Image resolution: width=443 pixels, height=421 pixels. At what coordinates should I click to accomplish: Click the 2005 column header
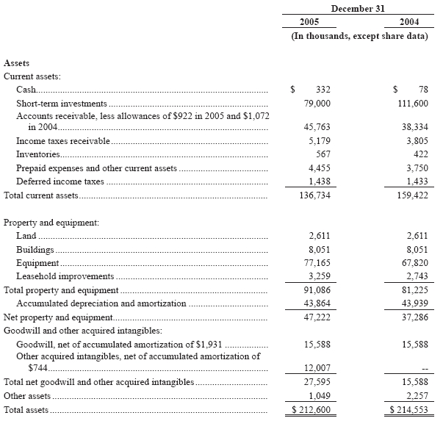309,22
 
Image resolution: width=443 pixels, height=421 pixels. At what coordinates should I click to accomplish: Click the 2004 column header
413,22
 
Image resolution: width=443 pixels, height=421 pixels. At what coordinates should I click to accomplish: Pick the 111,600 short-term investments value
412,104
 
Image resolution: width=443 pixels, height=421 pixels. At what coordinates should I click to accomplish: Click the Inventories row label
37,154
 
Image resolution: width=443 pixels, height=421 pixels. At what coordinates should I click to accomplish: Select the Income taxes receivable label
63,140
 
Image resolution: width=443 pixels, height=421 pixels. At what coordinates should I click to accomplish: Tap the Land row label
26,235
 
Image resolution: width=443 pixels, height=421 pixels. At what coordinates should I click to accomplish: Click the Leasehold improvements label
65,276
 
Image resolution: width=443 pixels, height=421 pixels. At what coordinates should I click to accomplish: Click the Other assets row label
28,395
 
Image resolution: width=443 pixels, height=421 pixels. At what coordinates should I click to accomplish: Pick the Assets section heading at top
17,64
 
